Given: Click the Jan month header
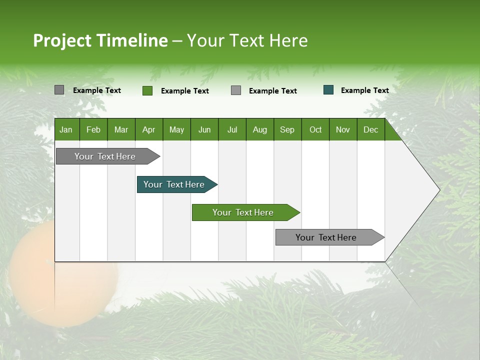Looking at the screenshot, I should [66, 129].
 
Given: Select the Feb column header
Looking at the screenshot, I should [93, 129].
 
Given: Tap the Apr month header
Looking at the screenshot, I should [149, 129].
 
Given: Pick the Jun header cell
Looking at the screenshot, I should [204, 129].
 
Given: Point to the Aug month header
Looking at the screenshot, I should [260, 129].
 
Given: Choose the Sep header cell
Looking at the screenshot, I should [287, 129].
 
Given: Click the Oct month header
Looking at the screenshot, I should [315, 129].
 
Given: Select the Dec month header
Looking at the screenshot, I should [371, 129].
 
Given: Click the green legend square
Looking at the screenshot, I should [147, 90].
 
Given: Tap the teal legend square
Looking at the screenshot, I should [328, 90].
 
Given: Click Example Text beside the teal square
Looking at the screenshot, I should [364, 90].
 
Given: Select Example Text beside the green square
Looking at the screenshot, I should [184, 90].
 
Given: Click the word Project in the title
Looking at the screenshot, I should [62, 40].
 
